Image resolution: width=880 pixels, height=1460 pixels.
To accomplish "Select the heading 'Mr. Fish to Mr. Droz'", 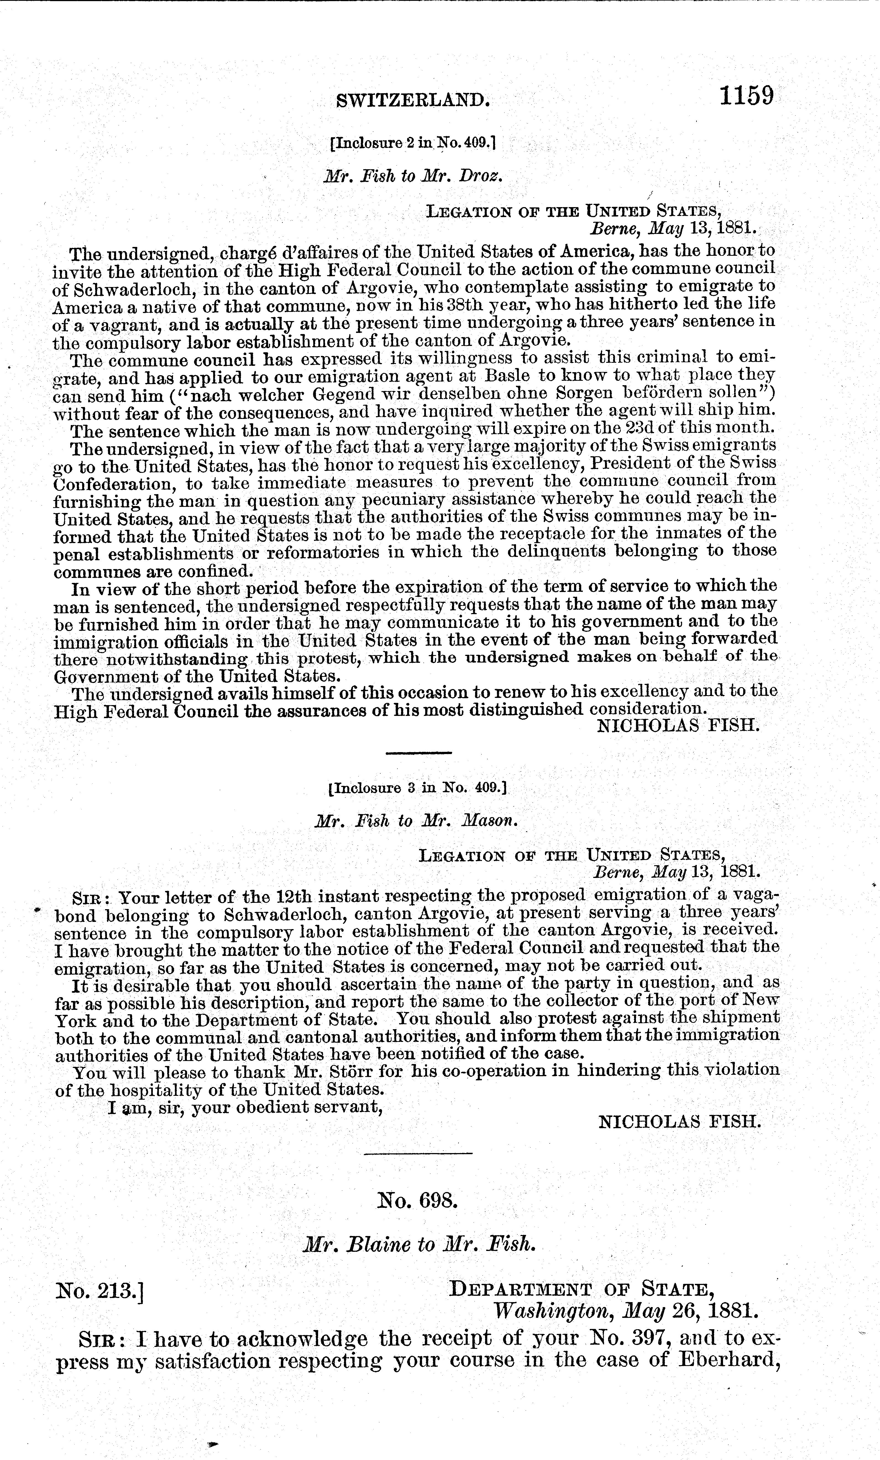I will (413, 177).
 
